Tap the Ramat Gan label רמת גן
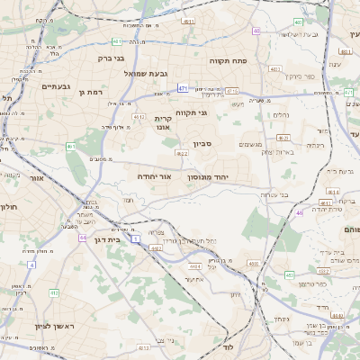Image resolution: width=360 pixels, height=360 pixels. point(93,93)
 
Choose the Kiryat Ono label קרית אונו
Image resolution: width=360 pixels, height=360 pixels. point(163,123)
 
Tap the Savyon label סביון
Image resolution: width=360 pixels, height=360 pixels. point(202,144)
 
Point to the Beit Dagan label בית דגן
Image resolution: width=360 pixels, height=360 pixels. point(107,239)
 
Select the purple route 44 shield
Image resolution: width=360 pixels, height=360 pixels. point(81,238)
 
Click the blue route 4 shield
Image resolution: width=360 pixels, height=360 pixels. point(31,265)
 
